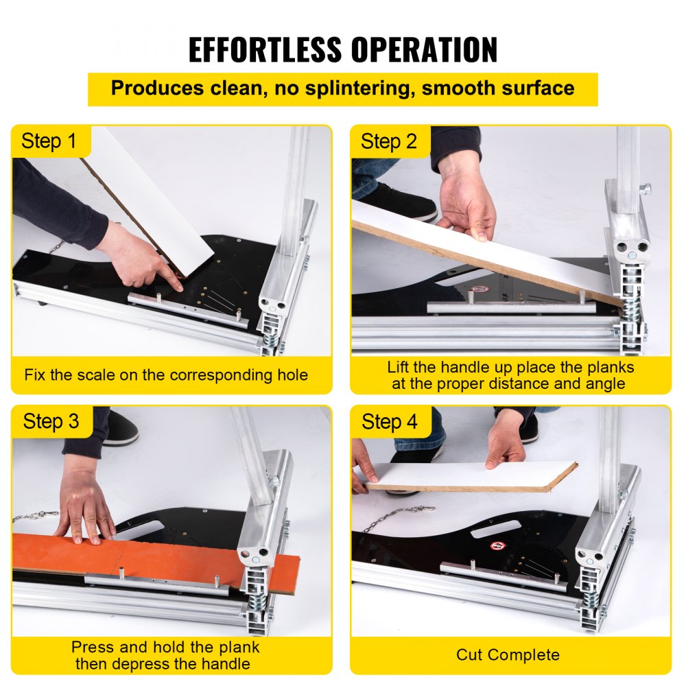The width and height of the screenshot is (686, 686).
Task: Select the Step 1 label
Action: pyautogui.click(x=49, y=142)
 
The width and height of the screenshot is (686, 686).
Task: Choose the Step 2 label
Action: pyautogui.click(x=389, y=142)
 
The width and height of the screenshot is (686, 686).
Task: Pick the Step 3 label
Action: pyautogui.click(x=51, y=422)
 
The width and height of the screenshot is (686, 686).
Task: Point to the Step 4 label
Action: pyautogui.click(x=389, y=422)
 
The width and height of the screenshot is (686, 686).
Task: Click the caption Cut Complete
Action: pyautogui.click(x=508, y=654)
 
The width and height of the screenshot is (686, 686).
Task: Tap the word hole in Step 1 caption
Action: pyautogui.click(x=290, y=375)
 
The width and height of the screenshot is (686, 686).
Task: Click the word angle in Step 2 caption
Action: pyautogui.click(x=604, y=383)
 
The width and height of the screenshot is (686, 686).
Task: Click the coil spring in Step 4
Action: pyautogui.click(x=589, y=596)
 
